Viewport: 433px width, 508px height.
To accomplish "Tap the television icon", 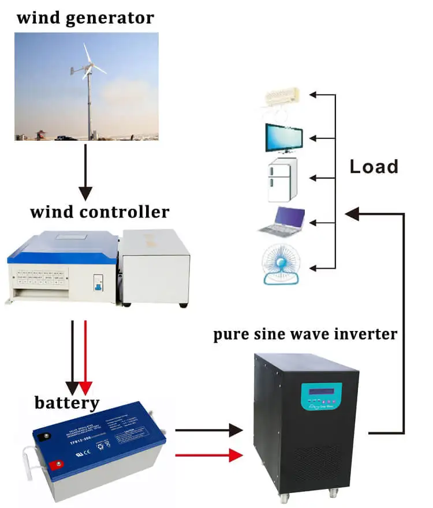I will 283,138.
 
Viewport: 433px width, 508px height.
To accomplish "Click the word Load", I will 374,167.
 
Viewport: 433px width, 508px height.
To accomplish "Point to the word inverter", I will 364,334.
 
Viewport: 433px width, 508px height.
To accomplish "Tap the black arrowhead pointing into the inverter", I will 236,430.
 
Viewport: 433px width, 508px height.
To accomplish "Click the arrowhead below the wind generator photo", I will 85,194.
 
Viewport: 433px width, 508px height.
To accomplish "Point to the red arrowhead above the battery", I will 85,387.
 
